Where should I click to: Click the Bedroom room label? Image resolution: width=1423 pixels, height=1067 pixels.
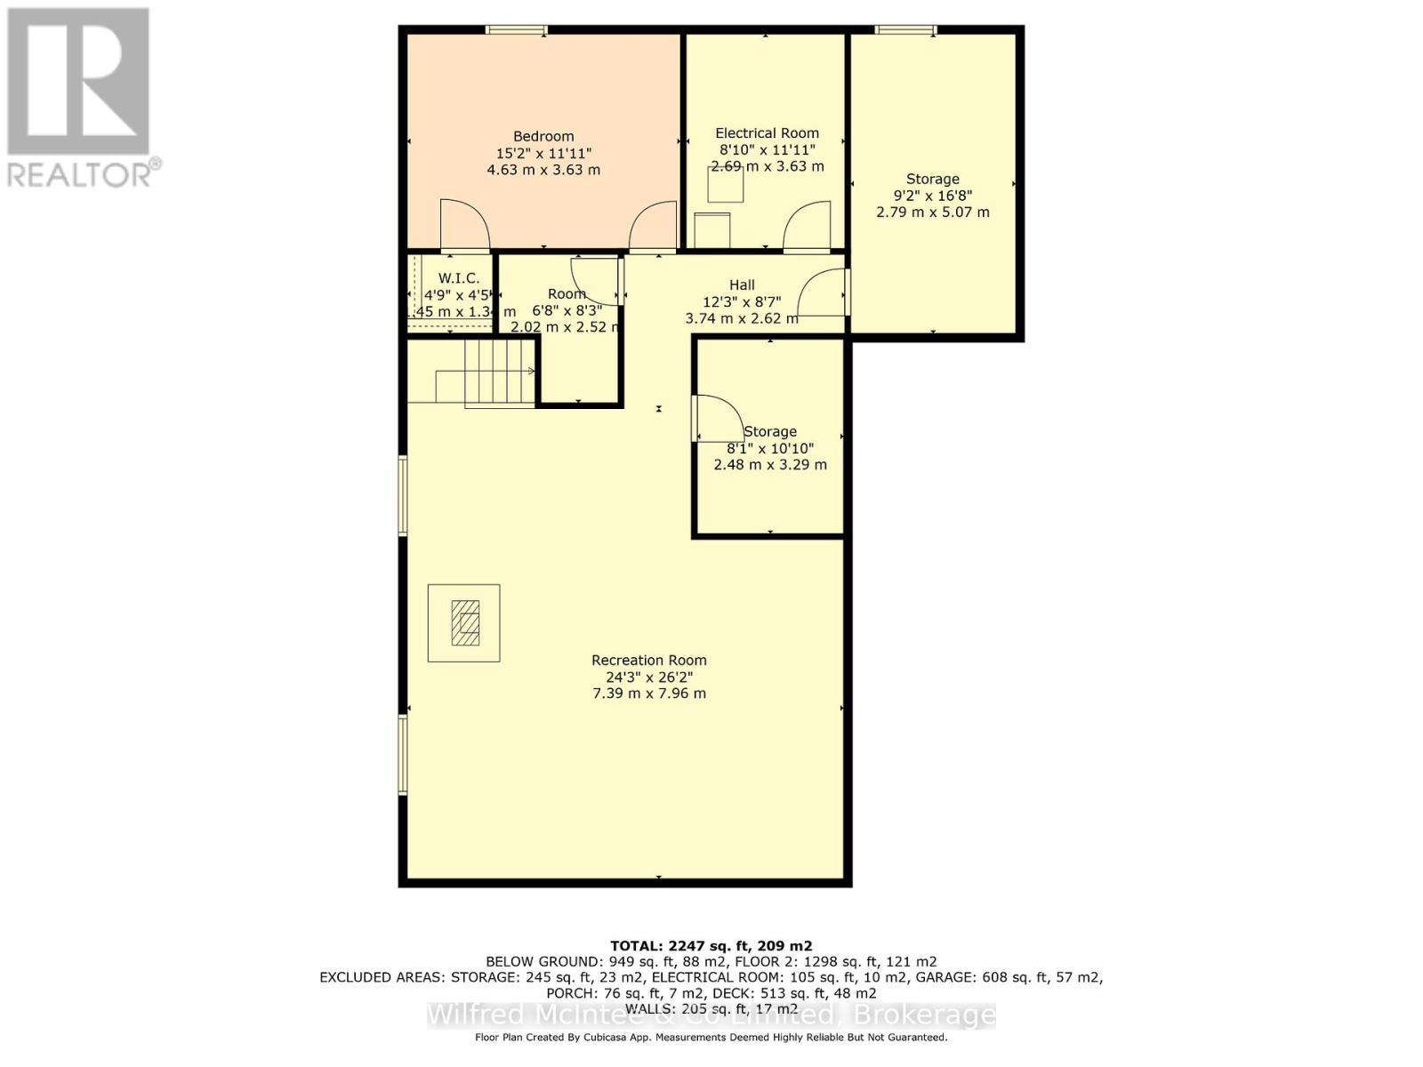pos(543,136)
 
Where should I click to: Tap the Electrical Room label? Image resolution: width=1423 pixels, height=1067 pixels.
pos(767,133)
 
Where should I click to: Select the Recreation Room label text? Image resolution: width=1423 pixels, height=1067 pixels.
pos(649,660)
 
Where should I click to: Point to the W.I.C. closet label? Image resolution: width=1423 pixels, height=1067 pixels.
pos(459,278)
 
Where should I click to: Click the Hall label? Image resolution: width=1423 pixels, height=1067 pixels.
pos(742,285)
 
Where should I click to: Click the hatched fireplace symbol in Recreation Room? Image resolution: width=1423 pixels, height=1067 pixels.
pos(464,622)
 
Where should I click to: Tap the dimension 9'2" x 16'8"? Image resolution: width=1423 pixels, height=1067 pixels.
pos(932,196)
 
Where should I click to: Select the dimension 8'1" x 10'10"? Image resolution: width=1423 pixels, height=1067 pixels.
pos(770,448)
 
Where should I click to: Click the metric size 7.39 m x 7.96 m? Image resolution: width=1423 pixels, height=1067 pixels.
pos(649,693)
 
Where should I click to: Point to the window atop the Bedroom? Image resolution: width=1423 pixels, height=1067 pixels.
pos(516,30)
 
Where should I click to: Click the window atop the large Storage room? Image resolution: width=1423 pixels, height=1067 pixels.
pos(905,30)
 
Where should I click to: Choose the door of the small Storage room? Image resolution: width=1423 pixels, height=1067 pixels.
pos(717,418)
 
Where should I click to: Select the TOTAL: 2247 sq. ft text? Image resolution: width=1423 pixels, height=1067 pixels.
pos(711,946)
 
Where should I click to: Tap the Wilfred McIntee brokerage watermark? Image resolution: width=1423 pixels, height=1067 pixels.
pos(711,1015)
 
